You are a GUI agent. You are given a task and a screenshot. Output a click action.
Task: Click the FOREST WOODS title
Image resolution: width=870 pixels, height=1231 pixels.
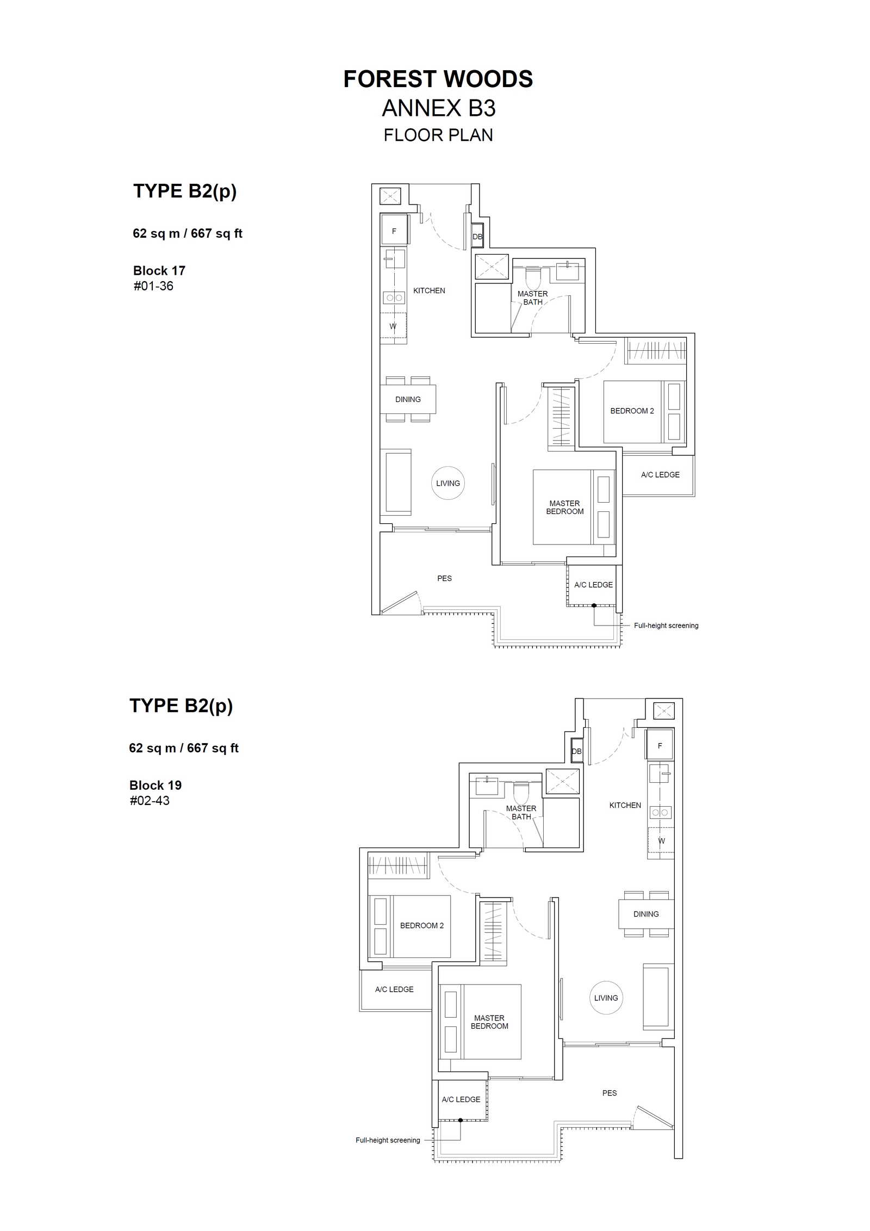(x=438, y=79)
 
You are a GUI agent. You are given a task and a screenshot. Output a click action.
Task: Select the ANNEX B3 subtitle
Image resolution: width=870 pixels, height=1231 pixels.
(x=439, y=108)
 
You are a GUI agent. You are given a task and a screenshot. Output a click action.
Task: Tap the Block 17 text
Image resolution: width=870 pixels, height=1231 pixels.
(x=159, y=270)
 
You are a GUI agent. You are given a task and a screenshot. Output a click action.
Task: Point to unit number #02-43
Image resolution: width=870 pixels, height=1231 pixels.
(x=150, y=800)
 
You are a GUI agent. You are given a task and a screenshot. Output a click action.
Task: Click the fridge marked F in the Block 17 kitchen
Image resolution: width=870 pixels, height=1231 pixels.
(x=394, y=231)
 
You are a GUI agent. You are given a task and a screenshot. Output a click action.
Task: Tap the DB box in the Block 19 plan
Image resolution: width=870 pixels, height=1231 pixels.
(x=576, y=751)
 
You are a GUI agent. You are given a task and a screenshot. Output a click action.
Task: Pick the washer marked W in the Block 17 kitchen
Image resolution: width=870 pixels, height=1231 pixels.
(x=393, y=326)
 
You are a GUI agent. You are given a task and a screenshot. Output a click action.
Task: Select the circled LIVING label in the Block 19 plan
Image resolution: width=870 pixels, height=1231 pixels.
(x=606, y=998)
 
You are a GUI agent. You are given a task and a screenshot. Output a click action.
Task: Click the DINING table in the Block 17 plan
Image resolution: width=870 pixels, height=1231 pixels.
(x=408, y=399)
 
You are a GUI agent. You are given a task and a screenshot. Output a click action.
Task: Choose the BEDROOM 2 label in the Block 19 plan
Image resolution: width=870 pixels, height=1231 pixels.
(x=422, y=925)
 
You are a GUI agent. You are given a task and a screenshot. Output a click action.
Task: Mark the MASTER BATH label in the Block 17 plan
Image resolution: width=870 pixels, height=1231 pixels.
(x=533, y=298)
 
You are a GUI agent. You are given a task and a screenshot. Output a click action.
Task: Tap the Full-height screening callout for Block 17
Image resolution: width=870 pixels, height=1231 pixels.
(x=666, y=626)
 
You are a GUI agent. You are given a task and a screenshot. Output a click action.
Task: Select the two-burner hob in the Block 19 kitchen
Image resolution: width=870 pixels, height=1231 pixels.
(x=660, y=812)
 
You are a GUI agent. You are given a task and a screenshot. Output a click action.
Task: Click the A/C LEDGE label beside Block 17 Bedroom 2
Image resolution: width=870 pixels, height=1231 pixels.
(x=660, y=474)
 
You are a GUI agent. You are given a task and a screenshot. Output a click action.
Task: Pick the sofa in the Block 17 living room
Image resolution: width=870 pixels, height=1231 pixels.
(x=396, y=482)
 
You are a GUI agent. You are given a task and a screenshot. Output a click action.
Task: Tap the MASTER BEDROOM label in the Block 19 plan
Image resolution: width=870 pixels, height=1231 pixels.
(x=489, y=1022)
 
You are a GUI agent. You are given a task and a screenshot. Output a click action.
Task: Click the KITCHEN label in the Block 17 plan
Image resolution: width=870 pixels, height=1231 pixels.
(x=429, y=290)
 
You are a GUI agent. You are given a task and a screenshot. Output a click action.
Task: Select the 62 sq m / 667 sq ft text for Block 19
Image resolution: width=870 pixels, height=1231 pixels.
(x=184, y=748)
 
